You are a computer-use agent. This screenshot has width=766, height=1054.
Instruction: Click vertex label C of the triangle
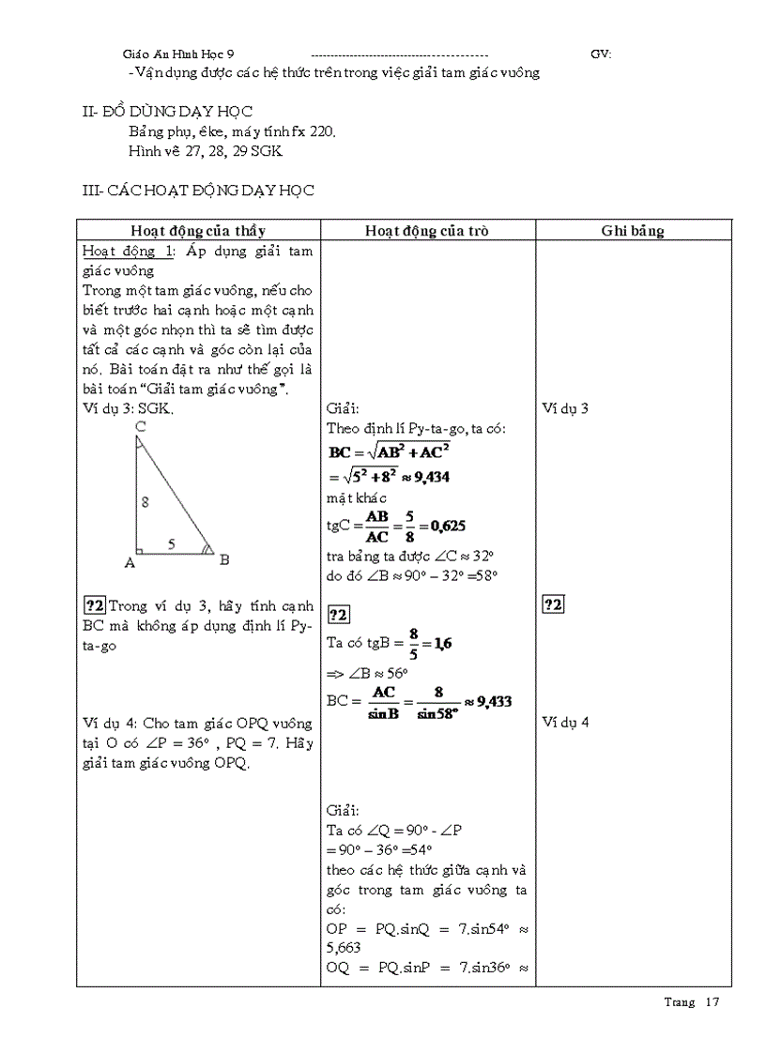pos(139,427)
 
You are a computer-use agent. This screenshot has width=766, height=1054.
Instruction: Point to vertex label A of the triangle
pos(130,562)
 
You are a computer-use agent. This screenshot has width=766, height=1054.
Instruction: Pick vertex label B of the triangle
pos(224,560)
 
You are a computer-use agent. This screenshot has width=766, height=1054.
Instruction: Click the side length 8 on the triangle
pos(145,502)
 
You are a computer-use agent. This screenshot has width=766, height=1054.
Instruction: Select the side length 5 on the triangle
pos(171,542)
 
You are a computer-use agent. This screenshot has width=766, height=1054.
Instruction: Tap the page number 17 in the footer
pos(712,1002)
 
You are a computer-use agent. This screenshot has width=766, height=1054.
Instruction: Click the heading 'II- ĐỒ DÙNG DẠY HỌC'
pos(168,112)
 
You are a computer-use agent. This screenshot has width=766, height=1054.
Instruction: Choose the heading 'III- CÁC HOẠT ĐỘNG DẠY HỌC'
pos(198,191)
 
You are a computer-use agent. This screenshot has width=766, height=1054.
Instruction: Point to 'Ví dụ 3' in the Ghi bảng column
pos(566,408)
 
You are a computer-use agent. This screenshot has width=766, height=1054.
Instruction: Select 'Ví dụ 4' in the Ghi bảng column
pos(566,722)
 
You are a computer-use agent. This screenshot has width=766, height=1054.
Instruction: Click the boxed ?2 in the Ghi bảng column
pos(553,604)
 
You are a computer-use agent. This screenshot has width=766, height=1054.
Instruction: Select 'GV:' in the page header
pos(601,54)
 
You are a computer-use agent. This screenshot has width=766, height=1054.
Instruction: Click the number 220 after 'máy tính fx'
pos(321,132)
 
